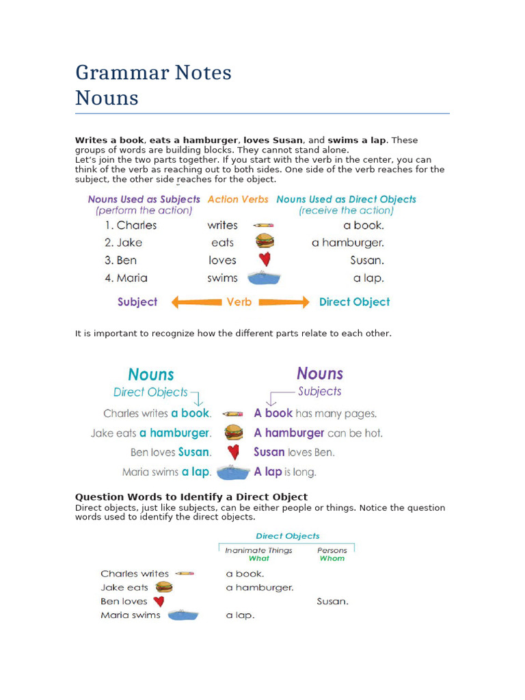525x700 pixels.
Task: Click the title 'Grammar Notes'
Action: (x=153, y=72)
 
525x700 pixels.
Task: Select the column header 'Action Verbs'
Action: (x=238, y=199)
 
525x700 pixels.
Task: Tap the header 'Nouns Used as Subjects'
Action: (x=144, y=199)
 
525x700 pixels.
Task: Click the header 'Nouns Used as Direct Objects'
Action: (x=346, y=199)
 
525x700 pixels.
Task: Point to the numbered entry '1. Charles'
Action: (x=131, y=225)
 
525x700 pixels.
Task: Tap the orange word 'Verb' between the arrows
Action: (x=239, y=302)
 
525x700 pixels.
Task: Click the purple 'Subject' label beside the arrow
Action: (x=137, y=302)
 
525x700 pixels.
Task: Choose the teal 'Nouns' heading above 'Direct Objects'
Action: (x=151, y=375)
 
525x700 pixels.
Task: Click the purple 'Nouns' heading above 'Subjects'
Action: (x=320, y=374)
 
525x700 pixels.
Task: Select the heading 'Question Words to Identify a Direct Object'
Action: (x=191, y=497)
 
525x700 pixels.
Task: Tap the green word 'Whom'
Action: (x=332, y=558)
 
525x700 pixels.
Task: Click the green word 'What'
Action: (x=259, y=558)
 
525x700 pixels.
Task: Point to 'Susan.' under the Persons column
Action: (x=333, y=602)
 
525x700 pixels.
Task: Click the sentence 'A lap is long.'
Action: (x=285, y=472)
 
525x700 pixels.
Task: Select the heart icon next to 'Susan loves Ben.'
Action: (x=233, y=452)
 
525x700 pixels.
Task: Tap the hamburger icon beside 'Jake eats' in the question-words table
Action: (x=163, y=587)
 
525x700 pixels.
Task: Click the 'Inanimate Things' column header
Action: (x=258, y=550)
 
